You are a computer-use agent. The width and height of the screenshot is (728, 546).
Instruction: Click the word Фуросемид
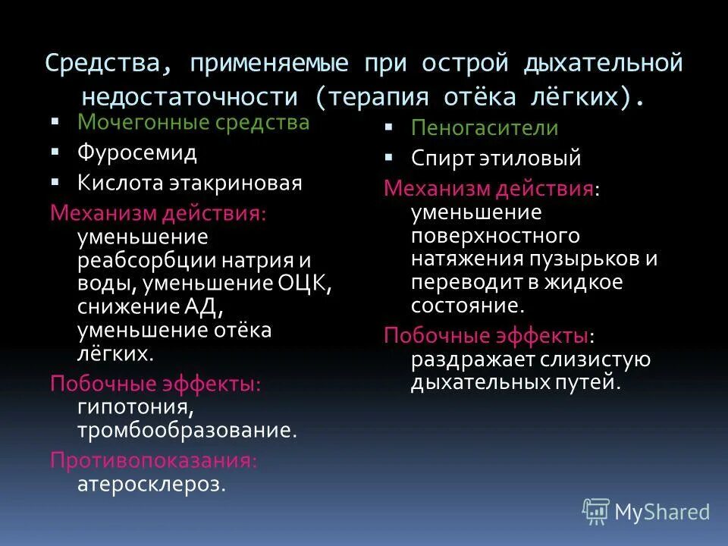(136, 152)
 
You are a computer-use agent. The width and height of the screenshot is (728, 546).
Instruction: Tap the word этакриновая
(243, 183)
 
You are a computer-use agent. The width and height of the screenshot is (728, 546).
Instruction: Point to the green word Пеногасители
(485, 128)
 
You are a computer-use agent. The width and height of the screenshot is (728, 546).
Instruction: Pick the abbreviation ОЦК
(306, 284)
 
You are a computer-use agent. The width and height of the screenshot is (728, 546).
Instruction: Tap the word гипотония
(132, 407)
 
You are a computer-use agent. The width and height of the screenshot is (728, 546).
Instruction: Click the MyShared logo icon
(596, 511)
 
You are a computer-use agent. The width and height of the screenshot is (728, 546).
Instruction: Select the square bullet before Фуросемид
(55, 152)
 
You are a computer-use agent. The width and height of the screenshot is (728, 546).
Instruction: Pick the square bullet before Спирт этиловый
(388, 158)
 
